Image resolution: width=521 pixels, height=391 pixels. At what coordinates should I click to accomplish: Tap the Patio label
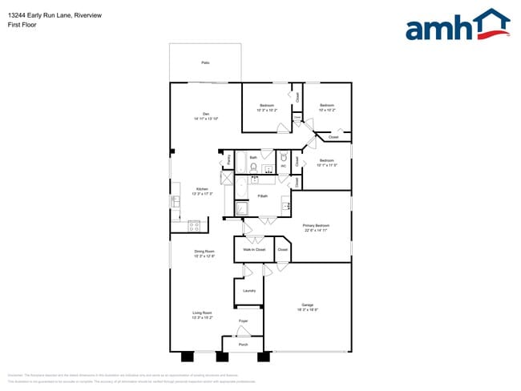(x=205, y=62)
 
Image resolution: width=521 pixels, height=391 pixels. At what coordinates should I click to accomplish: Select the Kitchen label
(x=203, y=191)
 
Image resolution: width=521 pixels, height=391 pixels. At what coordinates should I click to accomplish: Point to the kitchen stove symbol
(x=193, y=226)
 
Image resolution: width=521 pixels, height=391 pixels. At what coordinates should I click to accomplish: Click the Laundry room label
(x=248, y=290)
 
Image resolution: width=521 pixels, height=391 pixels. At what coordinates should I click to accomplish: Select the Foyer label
(x=243, y=321)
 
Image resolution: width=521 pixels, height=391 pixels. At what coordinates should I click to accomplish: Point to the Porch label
(x=243, y=345)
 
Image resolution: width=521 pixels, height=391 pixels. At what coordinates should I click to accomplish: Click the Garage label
(x=307, y=305)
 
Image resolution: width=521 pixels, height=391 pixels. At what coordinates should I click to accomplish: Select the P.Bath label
(x=262, y=195)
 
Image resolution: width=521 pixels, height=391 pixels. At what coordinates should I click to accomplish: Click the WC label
(x=283, y=166)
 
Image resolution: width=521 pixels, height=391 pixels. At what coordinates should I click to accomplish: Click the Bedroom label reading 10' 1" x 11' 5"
(x=326, y=163)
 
